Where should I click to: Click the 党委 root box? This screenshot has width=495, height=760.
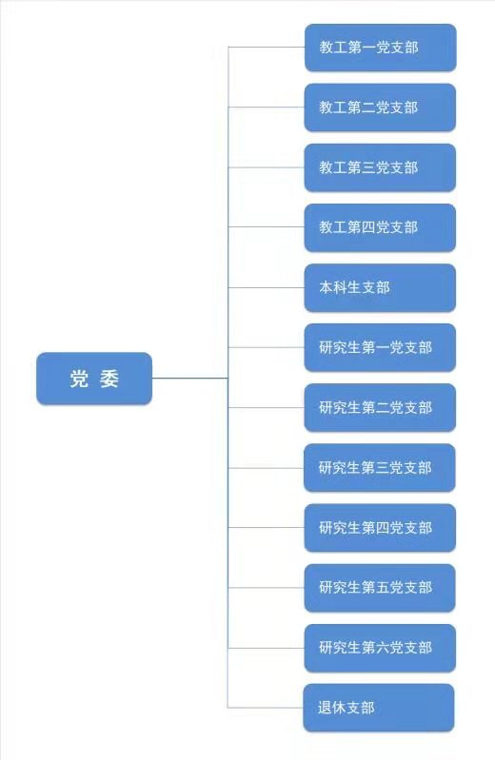(94, 378)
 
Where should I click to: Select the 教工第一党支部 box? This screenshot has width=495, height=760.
(381, 48)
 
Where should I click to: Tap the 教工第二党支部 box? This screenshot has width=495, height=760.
(380, 107)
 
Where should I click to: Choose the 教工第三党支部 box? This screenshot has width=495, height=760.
(380, 167)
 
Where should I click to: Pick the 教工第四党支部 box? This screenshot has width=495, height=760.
(380, 227)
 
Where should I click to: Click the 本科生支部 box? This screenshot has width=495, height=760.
(380, 287)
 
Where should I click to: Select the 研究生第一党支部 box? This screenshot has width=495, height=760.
(380, 347)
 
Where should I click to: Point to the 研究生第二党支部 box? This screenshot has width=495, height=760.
(380, 408)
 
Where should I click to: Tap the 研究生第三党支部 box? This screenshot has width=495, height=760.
(380, 468)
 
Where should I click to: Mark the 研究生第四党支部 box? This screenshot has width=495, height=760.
(380, 528)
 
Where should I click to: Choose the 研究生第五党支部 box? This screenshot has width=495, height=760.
(380, 588)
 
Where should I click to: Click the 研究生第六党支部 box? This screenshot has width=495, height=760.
(380, 648)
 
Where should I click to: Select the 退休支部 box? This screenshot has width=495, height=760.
(379, 708)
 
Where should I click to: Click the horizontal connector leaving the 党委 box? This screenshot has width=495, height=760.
(190, 378)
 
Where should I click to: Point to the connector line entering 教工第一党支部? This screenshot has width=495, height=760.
(267, 47)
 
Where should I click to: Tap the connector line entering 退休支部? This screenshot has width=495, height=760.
(266, 708)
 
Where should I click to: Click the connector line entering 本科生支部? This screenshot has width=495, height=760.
(267, 287)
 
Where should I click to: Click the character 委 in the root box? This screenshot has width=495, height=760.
(109, 379)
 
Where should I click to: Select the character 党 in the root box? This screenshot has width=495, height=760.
(79, 379)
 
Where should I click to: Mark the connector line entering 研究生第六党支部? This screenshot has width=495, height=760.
(267, 648)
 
